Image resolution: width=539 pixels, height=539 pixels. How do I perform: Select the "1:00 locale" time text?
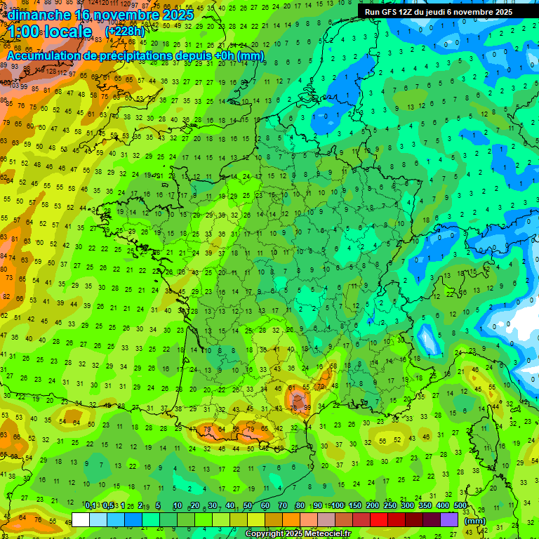(50, 32)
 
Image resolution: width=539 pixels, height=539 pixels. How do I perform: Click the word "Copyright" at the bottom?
(265, 534)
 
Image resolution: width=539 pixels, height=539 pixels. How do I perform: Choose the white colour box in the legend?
(80, 519)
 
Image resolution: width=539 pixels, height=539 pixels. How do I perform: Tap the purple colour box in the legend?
(449, 519)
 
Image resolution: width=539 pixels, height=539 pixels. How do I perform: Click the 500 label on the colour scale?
(460, 505)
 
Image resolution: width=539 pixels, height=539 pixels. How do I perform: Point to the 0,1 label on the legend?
(91, 505)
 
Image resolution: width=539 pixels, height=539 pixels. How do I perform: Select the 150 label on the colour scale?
(355, 505)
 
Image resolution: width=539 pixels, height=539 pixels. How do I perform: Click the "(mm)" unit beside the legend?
(475, 521)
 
